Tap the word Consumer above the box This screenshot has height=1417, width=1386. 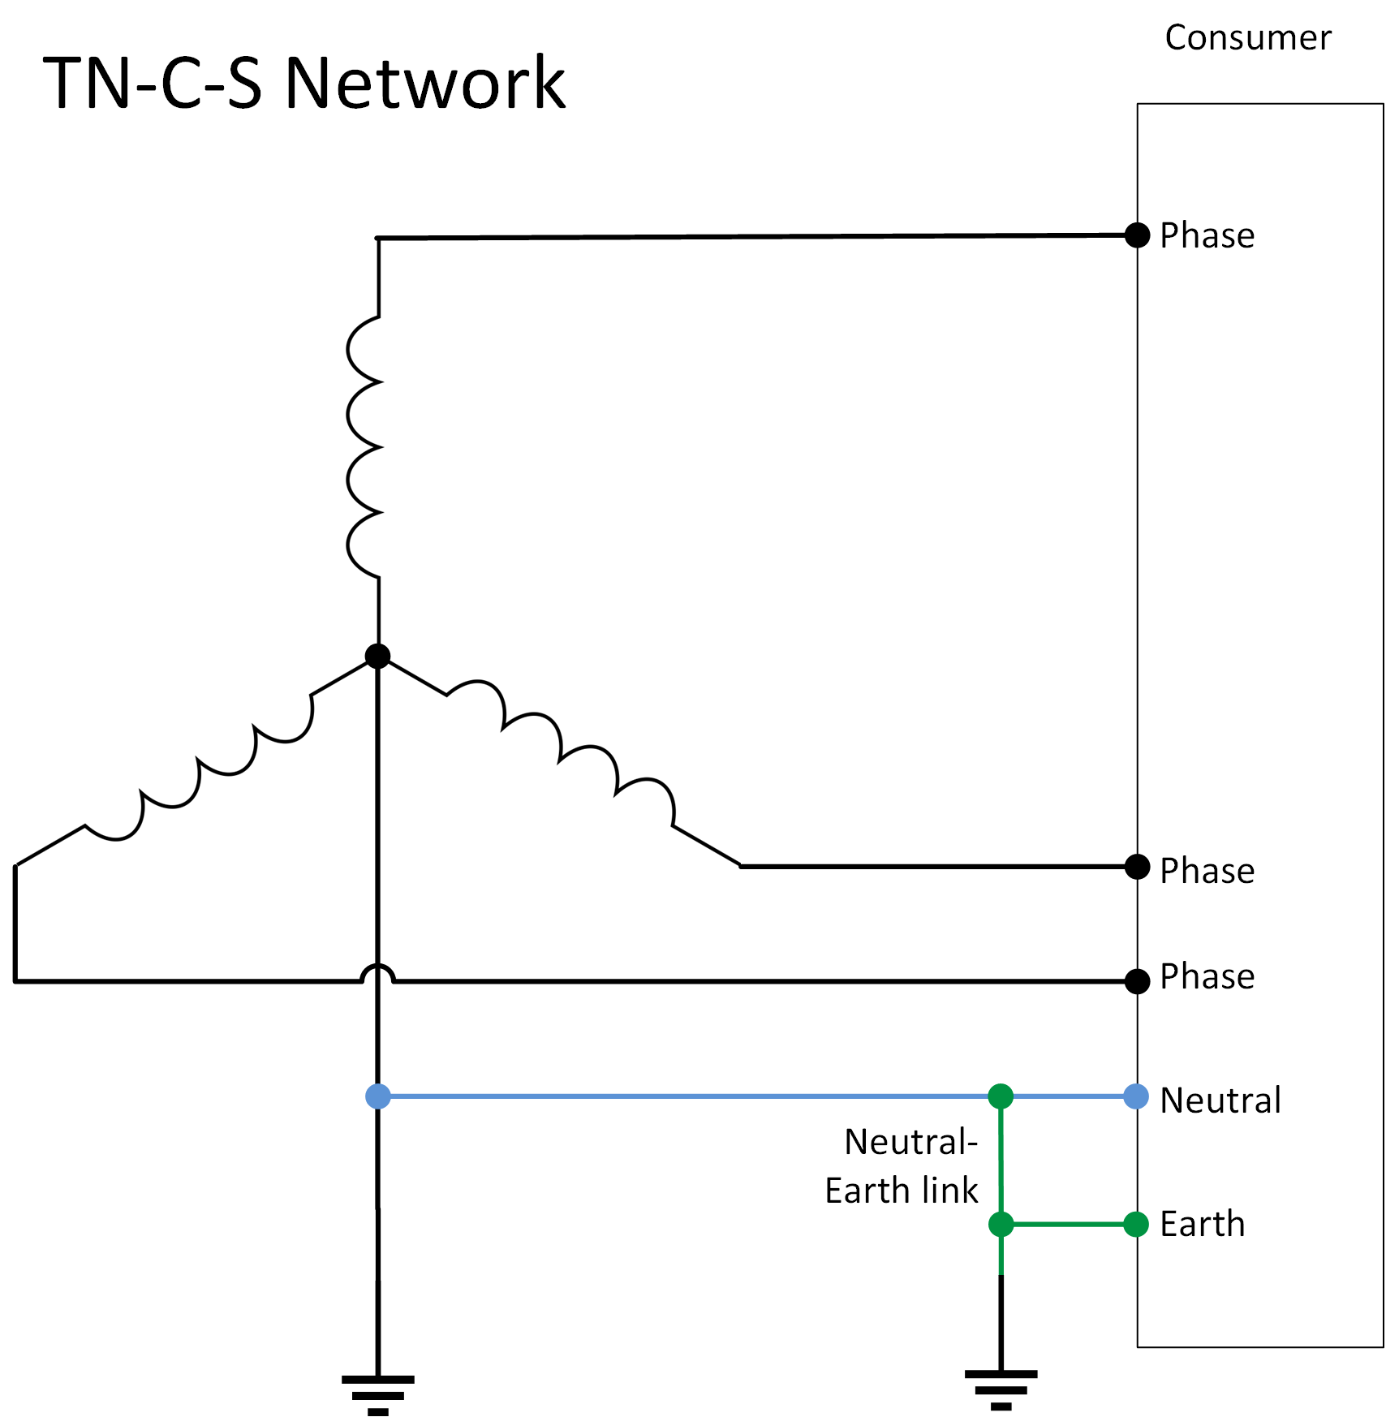1247,38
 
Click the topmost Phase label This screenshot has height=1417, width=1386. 1207,236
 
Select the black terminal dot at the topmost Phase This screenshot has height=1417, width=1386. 1137,235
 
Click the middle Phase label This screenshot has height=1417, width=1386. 1207,871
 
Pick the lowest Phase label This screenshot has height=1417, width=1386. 1207,976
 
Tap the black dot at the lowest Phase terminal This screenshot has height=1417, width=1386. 1137,981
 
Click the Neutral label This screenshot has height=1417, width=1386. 1220,1100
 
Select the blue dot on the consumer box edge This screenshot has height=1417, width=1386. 1136,1096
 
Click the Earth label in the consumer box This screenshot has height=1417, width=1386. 1202,1224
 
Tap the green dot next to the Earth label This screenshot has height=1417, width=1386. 1136,1224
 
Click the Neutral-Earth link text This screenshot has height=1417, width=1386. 902,1166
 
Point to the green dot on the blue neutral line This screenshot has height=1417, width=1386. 1001,1096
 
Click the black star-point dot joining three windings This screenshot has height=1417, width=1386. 377,656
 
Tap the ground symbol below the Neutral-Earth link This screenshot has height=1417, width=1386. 1001,1389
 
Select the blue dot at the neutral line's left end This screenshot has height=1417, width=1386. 378,1096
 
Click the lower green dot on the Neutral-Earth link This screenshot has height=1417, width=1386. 1001,1224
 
